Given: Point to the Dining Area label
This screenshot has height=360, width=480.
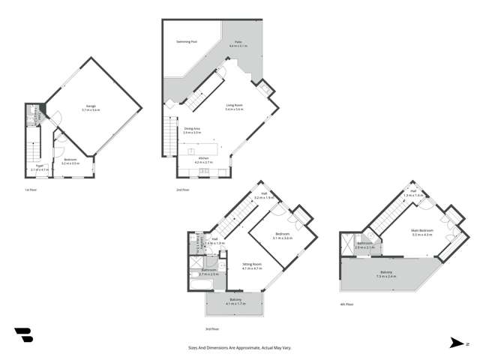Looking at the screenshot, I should [192, 129].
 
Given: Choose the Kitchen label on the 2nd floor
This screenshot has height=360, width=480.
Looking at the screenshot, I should [204, 158].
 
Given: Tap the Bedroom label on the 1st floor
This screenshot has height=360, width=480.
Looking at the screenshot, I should [71, 159].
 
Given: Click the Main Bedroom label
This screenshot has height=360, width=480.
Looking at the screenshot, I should [422, 232].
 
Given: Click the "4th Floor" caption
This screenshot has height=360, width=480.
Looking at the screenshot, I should [346, 305].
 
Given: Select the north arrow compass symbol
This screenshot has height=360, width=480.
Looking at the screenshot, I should [457, 343].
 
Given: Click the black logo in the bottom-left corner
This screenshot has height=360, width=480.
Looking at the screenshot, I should [23, 335].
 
